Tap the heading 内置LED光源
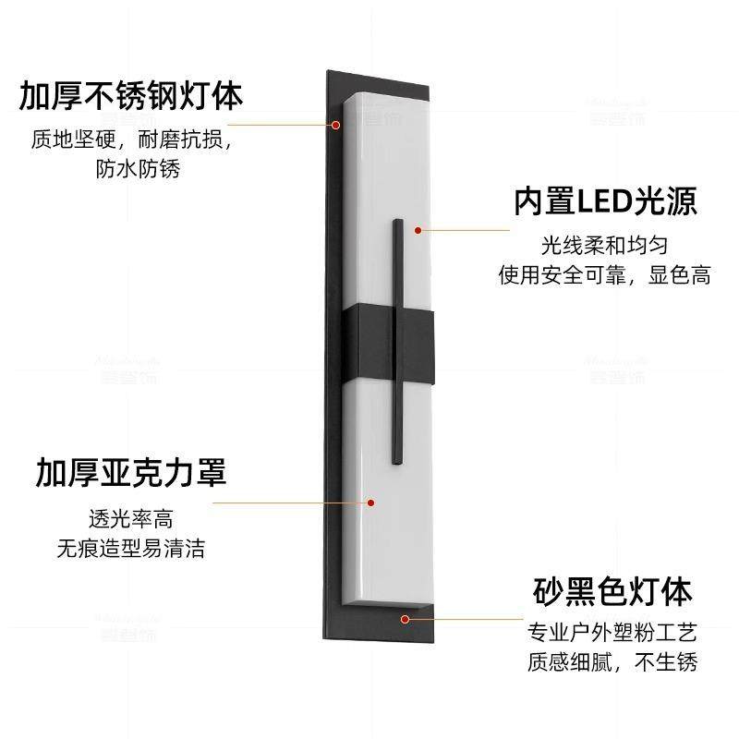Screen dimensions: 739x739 (605, 201)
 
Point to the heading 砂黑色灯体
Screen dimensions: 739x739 (612, 590)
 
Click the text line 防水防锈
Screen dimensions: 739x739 (138, 170)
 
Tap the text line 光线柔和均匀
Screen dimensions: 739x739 (604, 246)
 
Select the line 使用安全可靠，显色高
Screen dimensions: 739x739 (604, 275)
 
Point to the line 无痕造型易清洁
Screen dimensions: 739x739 (130, 549)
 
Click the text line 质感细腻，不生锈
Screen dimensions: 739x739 (612, 662)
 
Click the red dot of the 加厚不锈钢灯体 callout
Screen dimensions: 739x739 (335, 123)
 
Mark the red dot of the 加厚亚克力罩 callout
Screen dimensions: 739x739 (370, 503)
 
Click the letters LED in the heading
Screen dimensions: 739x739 (604, 201)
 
